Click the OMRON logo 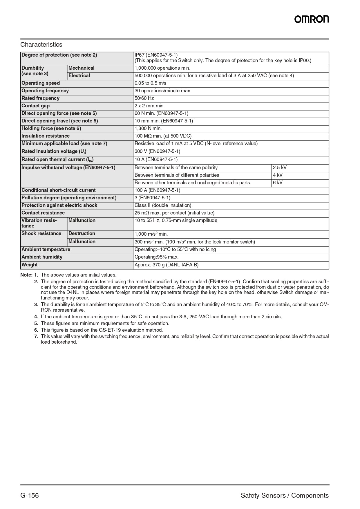(x=312, y=19)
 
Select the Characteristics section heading (x=41, y=45)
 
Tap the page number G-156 (x=29, y=495)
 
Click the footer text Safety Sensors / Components (x=285, y=495)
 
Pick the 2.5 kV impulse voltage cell (x=280, y=168)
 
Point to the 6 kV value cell (x=278, y=183)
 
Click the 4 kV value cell (x=278, y=175)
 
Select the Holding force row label (x=51, y=129)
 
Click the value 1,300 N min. (x=148, y=129)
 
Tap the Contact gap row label (x=35, y=106)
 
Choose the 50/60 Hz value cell (x=144, y=98)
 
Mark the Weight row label (x=30, y=265)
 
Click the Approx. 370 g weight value (x=167, y=265)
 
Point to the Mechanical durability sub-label (x=81, y=68)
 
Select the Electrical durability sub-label (x=79, y=76)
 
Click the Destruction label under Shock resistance (x=82, y=234)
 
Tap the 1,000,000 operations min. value (x=162, y=68)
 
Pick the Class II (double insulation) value (x=163, y=205)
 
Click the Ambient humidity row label (x=42, y=257)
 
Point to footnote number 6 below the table (x=36, y=330)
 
